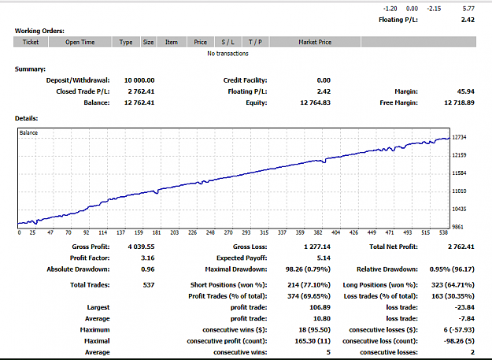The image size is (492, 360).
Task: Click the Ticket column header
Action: [x=31, y=42]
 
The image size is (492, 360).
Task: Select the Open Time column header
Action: [x=80, y=42]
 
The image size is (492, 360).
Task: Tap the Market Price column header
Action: [x=315, y=42]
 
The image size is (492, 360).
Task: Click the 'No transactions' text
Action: [x=228, y=54]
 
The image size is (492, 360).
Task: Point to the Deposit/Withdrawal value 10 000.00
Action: [x=139, y=80]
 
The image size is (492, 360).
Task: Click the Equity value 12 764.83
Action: [x=316, y=102]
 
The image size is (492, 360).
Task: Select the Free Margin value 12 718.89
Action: [x=460, y=102]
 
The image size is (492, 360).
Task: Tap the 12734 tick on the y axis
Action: [x=459, y=137]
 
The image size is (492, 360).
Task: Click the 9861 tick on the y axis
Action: [x=458, y=227]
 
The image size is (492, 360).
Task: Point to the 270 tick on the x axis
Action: [x=228, y=232]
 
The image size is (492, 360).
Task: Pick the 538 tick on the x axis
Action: [x=443, y=232]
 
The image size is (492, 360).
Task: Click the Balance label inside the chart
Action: [x=28, y=133]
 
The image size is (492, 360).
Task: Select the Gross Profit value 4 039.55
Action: [x=141, y=247]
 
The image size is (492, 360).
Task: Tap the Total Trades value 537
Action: [x=149, y=285]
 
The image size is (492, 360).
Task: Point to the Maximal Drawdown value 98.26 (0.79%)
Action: [x=308, y=269]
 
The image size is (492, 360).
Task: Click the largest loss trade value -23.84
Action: [x=464, y=307]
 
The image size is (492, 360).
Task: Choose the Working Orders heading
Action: [x=39, y=31]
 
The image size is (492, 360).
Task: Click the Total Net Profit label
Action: [x=394, y=247]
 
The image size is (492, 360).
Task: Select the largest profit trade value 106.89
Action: [x=320, y=307]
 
